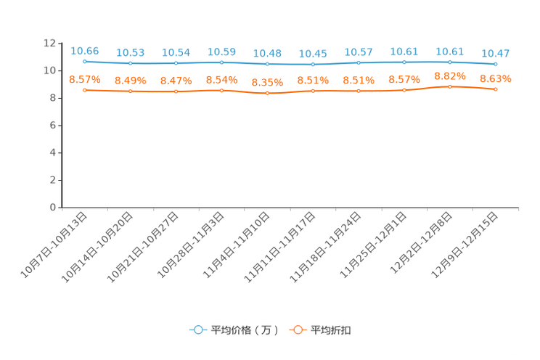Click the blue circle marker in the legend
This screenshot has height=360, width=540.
(198, 330)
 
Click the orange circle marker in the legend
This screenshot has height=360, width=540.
(298, 330)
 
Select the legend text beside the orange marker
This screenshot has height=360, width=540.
(332, 330)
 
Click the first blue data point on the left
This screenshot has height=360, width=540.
(85, 62)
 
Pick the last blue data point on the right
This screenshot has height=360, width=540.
(496, 65)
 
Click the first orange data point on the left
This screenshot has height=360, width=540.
(85, 90)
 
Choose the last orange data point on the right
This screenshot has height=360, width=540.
(496, 89)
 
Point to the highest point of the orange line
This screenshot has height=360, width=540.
(450, 86)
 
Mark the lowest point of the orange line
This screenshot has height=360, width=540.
(267, 94)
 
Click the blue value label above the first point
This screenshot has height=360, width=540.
(85, 50)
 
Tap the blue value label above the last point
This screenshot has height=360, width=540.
(496, 53)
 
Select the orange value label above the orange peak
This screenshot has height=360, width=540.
(450, 75)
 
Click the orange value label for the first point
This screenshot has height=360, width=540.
(85, 78)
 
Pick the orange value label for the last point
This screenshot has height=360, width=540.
(496, 78)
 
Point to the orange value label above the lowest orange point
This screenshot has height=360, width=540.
(267, 82)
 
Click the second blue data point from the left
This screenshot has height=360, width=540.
(131, 64)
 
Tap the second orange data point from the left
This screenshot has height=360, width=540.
(131, 91)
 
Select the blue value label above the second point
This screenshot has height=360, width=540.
(131, 52)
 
